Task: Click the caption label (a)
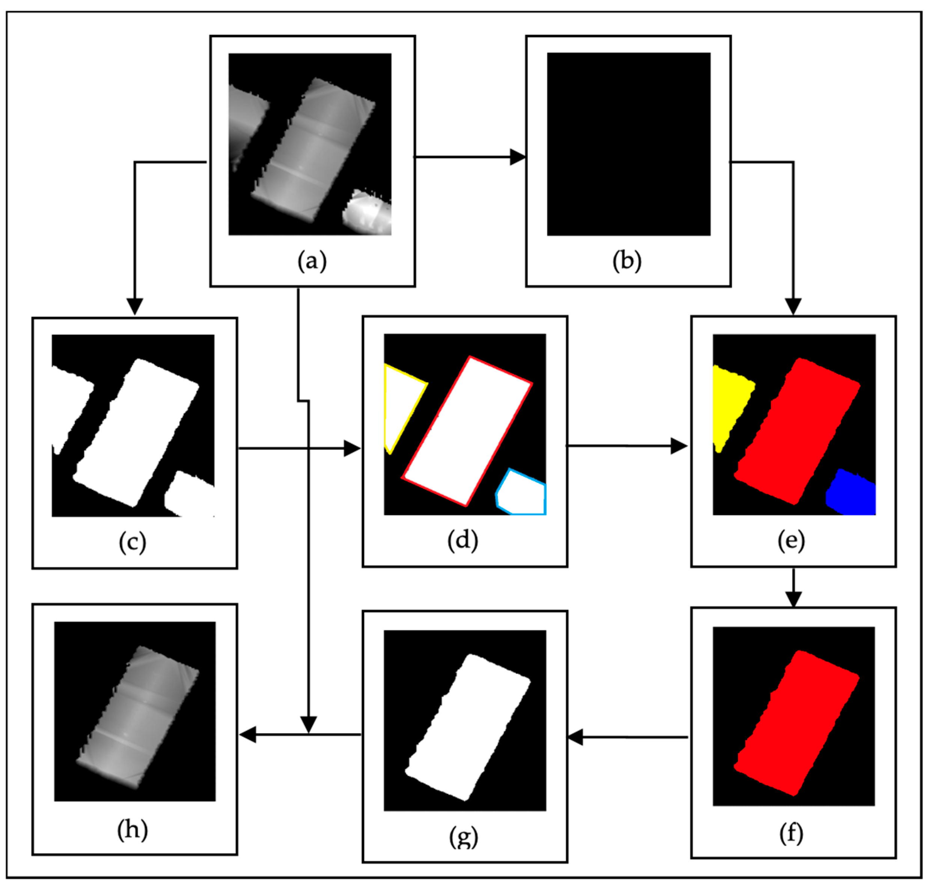click(x=312, y=261)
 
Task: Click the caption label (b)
click(x=627, y=261)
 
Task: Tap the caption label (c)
click(x=133, y=542)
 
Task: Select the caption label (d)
click(x=462, y=541)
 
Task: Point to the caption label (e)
click(x=791, y=541)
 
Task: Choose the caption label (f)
click(x=791, y=833)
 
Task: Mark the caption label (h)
click(x=133, y=830)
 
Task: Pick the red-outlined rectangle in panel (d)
click(x=467, y=431)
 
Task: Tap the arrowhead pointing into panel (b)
click(x=518, y=157)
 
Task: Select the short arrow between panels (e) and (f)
click(x=793, y=588)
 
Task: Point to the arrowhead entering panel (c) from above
click(x=135, y=306)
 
